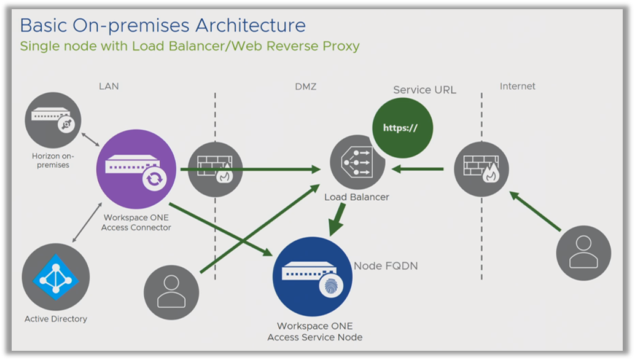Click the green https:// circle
pyautogui.click(x=403, y=128)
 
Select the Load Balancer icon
pyautogui.click(x=357, y=163)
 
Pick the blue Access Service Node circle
pyautogui.click(x=311, y=276)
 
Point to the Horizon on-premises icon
pyautogui.click(x=53, y=120)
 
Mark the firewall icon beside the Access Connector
pyautogui.click(x=214, y=170)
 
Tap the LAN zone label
pyautogui.click(x=109, y=87)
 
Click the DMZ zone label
pyautogui.click(x=305, y=87)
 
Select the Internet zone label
pyautogui.click(x=517, y=87)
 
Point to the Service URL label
pyautogui.click(x=424, y=90)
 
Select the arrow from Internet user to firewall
pyautogui.click(x=534, y=212)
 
